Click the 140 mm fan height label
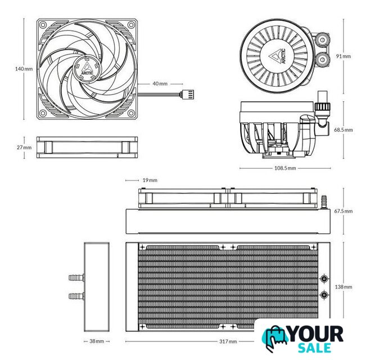[x=24, y=69]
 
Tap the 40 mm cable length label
[x=160, y=84]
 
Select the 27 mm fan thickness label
[x=24, y=147]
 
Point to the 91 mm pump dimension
[x=344, y=56]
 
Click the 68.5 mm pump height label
[x=344, y=130]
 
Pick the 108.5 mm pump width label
[x=285, y=168]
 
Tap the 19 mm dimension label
[x=150, y=181]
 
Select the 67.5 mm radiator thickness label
[x=344, y=211]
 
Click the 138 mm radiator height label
[x=344, y=287]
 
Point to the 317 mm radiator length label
[x=228, y=341]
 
